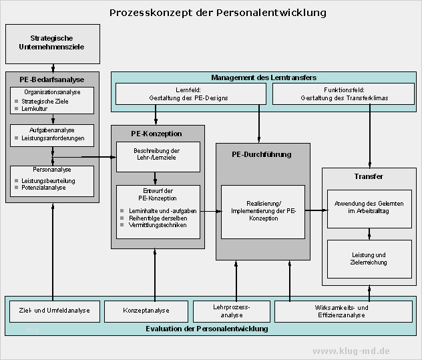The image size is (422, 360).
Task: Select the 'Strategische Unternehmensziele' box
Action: point(52,43)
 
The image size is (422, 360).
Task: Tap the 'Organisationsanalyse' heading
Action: point(52,92)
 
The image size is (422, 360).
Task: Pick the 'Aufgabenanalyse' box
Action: point(52,134)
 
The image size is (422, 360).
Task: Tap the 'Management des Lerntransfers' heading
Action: point(264,77)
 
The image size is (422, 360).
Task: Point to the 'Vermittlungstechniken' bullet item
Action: point(158,225)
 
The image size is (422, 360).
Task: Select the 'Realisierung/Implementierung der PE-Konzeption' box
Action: point(262,210)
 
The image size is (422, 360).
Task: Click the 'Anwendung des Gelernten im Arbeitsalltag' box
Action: point(369,207)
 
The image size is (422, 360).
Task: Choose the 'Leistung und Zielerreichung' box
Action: point(369,258)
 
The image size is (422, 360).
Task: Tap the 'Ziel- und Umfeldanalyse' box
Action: point(55,311)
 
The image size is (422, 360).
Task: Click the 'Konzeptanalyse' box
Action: point(146,311)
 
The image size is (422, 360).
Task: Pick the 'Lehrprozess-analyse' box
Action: point(231,311)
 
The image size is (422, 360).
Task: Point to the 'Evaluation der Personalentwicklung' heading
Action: point(207,329)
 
